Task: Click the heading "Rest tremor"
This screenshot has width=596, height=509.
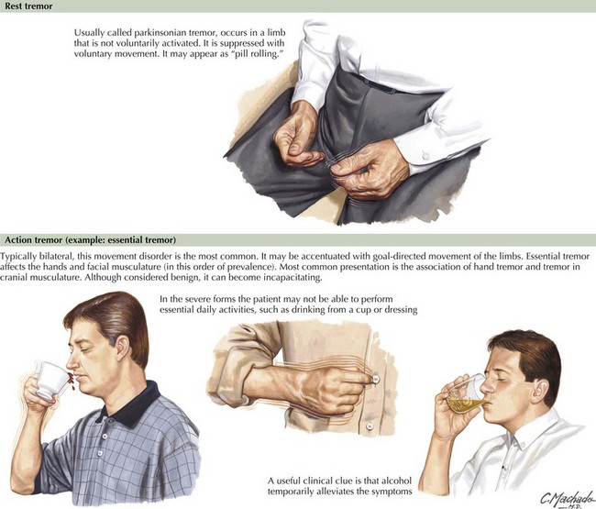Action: [28, 6]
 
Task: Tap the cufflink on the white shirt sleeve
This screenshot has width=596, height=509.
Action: [425, 155]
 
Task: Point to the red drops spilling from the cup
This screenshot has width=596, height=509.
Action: [71, 379]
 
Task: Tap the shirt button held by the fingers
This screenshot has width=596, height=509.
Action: [376, 379]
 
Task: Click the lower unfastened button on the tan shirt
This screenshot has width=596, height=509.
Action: [370, 426]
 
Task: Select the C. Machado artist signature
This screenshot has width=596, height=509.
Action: [568, 498]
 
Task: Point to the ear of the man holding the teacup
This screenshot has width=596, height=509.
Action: [122, 349]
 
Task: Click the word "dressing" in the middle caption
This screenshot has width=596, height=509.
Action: [401, 310]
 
